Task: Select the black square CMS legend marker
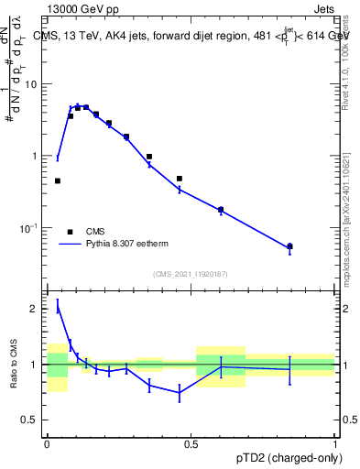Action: pyautogui.click(x=70, y=232)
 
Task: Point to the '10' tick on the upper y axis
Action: pyautogui.click(x=31, y=84)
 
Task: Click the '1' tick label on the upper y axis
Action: pyautogui.click(x=36, y=156)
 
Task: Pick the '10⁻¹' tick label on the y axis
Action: pyautogui.click(x=29, y=227)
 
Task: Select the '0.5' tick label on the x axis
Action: pyautogui.click(x=191, y=442)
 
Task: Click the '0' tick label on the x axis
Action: pyautogui.click(x=47, y=442)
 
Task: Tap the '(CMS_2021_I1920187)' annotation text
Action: pyautogui.click(x=190, y=274)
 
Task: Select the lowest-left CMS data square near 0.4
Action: pyautogui.click(x=58, y=181)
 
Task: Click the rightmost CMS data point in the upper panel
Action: pyautogui.click(x=289, y=246)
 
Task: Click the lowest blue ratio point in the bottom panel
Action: pyautogui.click(x=179, y=393)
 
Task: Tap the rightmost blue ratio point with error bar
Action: pyautogui.click(x=289, y=369)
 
